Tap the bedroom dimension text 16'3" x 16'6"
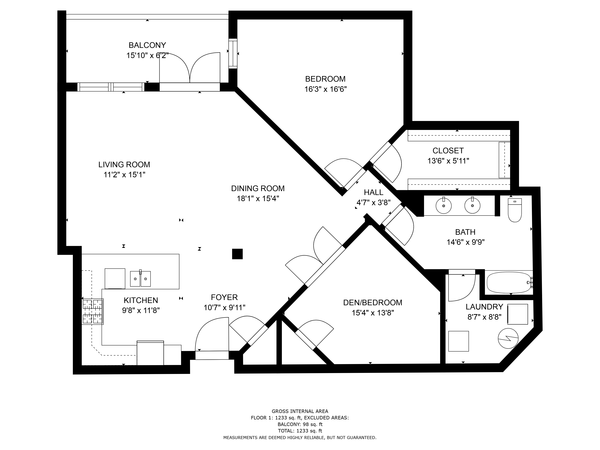(x=325, y=89)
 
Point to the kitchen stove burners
(x=93, y=311)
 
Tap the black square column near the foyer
(x=237, y=254)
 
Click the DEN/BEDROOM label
(x=373, y=302)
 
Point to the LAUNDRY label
(x=484, y=307)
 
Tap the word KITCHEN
(x=141, y=300)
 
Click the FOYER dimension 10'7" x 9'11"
(x=225, y=307)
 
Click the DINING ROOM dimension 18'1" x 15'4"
(x=258, y=199)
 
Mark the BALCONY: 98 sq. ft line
(x=300, y=424)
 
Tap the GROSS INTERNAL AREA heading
(x=300, y=411)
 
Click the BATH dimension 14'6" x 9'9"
(x=466, y=242)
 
